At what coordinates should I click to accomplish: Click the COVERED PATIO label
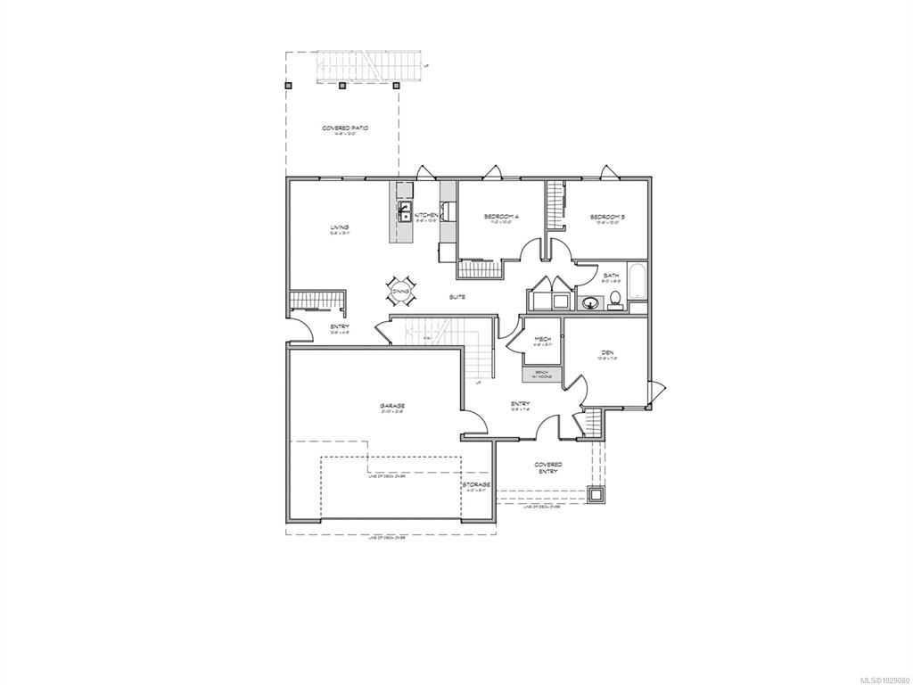[x=345, y=128]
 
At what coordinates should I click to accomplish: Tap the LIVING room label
[x=339, y=227]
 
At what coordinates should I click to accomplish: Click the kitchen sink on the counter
[x=404, y=213]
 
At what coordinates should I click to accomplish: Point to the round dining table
[x=399, y=290]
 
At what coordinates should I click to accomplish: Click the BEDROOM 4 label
[x=501, y=217]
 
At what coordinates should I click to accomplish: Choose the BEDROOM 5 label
[x=606, y=217]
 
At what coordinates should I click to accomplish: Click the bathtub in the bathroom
[x=637, y=283]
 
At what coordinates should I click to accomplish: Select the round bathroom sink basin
[x=588, y=303]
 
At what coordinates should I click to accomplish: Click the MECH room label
[x=542, y=339]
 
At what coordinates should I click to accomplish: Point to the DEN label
[x=608, y=354]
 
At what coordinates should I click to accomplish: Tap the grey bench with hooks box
[x=542, y=376]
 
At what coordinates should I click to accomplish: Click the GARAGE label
[x=392, y=406]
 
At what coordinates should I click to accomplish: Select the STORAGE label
[x=476, y=484]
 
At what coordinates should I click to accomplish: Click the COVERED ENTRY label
[x=547, y=467]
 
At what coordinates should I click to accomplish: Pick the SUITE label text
[x=456, y=296]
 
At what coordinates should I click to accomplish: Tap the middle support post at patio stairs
[x=341, y=87]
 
